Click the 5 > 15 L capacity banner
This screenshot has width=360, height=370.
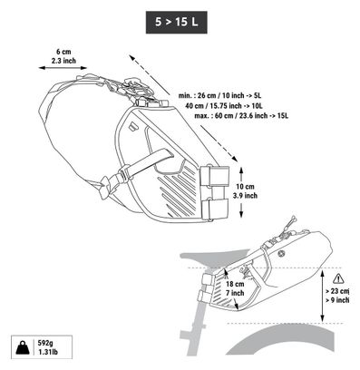[177, 22]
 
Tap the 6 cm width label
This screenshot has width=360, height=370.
[63, 52]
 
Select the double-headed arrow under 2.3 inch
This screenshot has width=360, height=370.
[63, 68]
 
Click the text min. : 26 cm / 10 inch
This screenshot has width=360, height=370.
[211, 95]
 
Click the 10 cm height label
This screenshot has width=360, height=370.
[245, 187]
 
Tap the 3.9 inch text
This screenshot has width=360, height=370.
[245, 196]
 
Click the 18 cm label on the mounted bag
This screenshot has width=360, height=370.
[235, 284]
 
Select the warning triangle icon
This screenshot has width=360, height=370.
[338, 278]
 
